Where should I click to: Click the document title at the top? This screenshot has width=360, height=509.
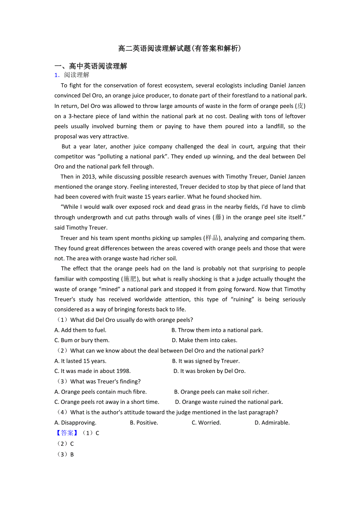[x=180, y=48]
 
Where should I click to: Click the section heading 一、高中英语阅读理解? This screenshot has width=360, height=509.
[x=91, y=66]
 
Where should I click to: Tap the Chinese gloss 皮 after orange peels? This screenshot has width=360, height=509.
[x=301, y=106]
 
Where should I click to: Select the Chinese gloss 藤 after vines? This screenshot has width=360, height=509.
[x=218, y=217]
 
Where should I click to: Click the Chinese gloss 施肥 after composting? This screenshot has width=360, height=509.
[x=130, y=279]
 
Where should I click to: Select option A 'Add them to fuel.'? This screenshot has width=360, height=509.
[x=81, y=330]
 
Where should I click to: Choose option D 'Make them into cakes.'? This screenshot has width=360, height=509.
[x=204, y=340]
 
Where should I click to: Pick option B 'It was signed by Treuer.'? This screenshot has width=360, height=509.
[x=206, y=361]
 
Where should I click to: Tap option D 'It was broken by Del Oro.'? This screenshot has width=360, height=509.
[x=209, y=371]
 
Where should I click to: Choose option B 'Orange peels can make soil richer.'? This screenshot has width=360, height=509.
[x=221, y=392]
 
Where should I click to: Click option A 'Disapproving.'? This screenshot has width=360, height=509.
[x=76, y=423]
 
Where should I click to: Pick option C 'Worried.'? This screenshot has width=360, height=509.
[x=206, y=423]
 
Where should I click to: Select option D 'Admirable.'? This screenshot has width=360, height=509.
[x=272, y=423]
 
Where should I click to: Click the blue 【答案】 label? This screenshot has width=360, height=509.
[x=65, y=433]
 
